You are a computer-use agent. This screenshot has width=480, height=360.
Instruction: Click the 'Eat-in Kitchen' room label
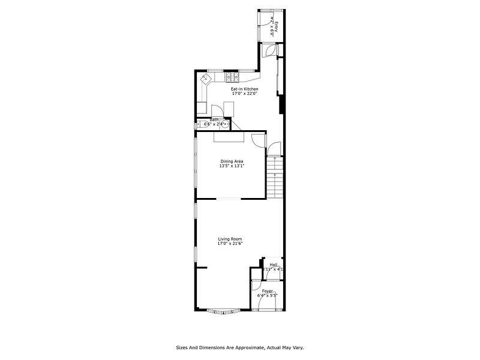(244, 89)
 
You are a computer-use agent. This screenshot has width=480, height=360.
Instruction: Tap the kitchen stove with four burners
(232, 77)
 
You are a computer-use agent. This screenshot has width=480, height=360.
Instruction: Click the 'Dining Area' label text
(232, 161)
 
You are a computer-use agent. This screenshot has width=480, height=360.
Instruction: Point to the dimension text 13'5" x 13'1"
(232, 166)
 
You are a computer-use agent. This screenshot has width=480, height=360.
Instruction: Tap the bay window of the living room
(223, 311)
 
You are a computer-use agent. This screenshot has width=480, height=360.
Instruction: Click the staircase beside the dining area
(274, 173)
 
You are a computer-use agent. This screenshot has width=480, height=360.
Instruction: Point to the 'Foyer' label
(267, 291)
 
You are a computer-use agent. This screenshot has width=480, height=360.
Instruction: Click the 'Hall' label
(274, 265)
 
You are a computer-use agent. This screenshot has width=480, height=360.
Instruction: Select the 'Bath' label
(214, 119)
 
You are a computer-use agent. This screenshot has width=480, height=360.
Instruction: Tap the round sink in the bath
(224, 125)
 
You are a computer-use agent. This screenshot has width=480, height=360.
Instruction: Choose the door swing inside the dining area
(258, 140)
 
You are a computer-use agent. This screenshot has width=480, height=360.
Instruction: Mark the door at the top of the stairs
(273, 149)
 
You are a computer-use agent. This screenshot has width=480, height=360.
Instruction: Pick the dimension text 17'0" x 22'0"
(244, 94)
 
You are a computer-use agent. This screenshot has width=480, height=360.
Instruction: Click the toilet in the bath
(199, 124)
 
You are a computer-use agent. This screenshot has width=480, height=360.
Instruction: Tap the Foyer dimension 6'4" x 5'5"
(267, 296)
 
